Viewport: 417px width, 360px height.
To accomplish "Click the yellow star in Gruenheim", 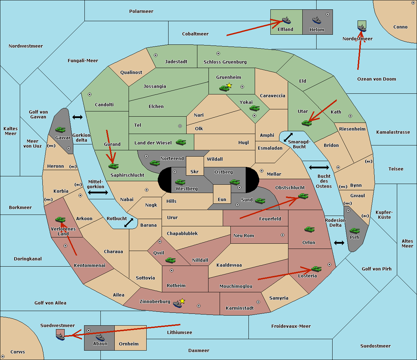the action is (x=229, y=85).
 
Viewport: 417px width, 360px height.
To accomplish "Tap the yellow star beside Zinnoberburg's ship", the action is (x=182, y=301).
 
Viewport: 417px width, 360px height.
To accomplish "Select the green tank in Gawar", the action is (x=60, y=129).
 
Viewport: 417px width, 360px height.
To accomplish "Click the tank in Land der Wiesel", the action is (x=181, y=142).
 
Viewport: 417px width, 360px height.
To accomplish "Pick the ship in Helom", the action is (x=317, y=20).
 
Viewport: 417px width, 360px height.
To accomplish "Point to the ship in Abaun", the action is (x=100, y=337).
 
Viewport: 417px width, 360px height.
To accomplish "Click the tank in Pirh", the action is (x=354, y=231).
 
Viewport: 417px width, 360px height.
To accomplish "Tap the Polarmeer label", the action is (x=141, y=11).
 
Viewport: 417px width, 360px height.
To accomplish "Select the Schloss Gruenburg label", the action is (x=225, y=62).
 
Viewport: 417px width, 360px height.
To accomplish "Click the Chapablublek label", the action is (x=182, y=233).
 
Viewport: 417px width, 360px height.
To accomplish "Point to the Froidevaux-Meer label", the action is (x=291, y=326).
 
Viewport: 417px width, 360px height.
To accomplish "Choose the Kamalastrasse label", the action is (x=393, y=132).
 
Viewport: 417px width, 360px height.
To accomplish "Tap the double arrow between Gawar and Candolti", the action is (x=77, y=117).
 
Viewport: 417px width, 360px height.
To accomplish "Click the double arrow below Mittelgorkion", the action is (x=98, y=193).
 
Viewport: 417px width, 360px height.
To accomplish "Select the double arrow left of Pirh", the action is (x=339, y=243).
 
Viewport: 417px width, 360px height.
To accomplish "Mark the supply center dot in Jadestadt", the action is (x=156, y=55).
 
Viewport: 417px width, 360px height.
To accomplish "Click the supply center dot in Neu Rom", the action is (x=283, y=235).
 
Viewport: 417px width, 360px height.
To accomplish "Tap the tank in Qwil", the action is (x=170, y=260).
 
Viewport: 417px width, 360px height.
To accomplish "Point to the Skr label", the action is (x=194, y=171).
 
